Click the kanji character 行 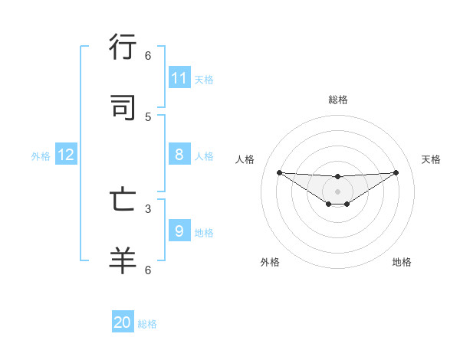(123, 47)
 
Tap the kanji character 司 (123, 108)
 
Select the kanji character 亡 (123, 200)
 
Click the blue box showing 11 (179, 78)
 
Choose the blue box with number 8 (179, 155)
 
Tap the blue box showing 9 (179, 231)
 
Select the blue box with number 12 (66, 155)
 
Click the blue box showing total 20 (123, 322)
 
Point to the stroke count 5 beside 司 (148, 117)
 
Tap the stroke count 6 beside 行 (148, 56)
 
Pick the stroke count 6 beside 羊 (148, 270)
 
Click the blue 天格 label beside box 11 (204, 79)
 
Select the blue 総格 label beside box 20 (147, 324)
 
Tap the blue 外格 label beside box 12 (41, 155)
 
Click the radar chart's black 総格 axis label (338, 100)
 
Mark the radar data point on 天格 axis (396, 172)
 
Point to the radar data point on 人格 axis (279, 172)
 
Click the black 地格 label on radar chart (402, 262)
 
